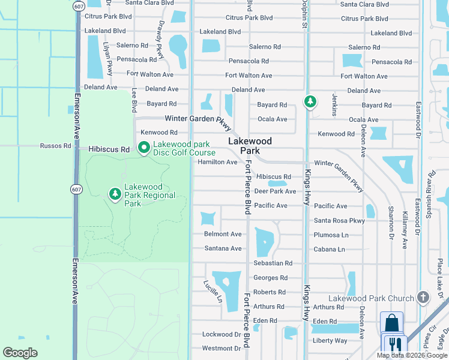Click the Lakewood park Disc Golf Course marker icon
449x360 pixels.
pyautogui.click(x=144, y=148)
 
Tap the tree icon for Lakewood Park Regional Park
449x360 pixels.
pyautogui.click(x=115, y=194)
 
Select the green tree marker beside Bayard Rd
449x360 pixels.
pyautogui.click(x=310, y=102)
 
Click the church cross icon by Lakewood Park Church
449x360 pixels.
pyautogui.click(x=423, y=297)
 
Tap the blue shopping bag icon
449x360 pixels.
pyautogui.click(x=392, y=323)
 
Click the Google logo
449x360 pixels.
pyautogui.click(x=20, y=353)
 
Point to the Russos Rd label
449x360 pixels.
pyautogui.click(x=56, y=146)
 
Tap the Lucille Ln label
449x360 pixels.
pyautogui.click(x=212, y=291)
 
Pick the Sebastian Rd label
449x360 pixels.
pyautogui.click(x=273, y=263)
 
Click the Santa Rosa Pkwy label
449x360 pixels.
pyautogui.click(x=339, y=221)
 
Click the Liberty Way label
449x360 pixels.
pyautogui.click(x=330, y=341)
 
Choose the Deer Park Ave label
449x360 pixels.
pyautogui.click(x=275, y=191)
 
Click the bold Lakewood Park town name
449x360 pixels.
pyautogui.click(x=250, y=146)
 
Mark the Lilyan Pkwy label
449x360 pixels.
pyautogui.click(x=109, y=59)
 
